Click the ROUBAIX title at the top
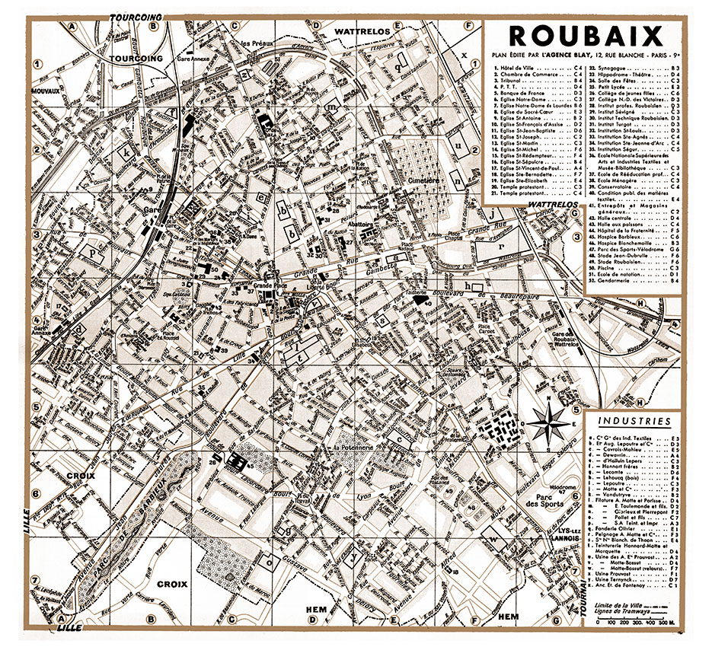coord(583,36)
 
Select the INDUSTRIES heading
coord(634,421)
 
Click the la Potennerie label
coord(352,448)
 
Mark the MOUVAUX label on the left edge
coord(47,91)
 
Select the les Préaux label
coord(256,43)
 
